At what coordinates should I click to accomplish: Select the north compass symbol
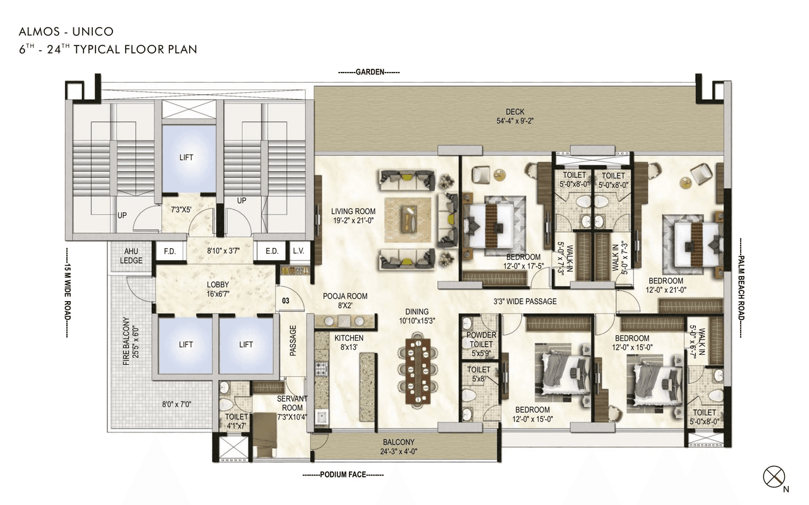tap(774, 475)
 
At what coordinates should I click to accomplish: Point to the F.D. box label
tap(170, 251)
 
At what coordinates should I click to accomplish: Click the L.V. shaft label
tap(298, 251)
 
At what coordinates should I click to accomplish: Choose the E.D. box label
tap(272, 251)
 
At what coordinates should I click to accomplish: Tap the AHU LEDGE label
tap(131, 256)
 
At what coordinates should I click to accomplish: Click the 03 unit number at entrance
tap(286, 300)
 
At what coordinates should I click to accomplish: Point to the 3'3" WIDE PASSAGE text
tap(525, 302)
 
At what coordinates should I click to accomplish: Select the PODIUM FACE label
tap(343, 475)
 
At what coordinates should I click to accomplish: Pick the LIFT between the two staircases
tap(186, 157)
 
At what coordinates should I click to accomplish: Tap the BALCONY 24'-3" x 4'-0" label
tap(399, 447)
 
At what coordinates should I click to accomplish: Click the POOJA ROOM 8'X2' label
tap(345, 300)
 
